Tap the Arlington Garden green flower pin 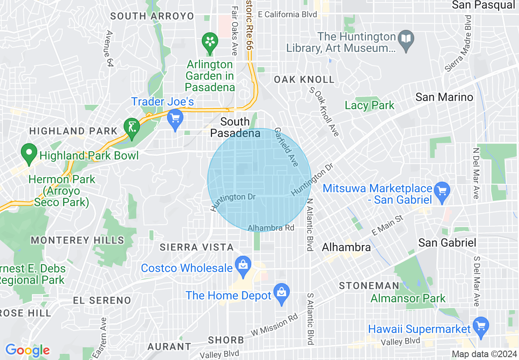(x=210, y=42)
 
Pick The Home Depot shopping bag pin (x=281, y=292)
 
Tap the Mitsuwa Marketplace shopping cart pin (x=442, y=191)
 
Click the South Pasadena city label (x=235, y=127)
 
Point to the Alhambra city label (x=346, y=247)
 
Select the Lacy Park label (x=370, y=105)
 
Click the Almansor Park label (x=408, y=298)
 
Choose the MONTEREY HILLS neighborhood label (x=77, y=240)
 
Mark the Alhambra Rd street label (x=271, y=228)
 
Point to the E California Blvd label (x=291, y=14)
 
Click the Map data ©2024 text (x=483, y=354)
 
